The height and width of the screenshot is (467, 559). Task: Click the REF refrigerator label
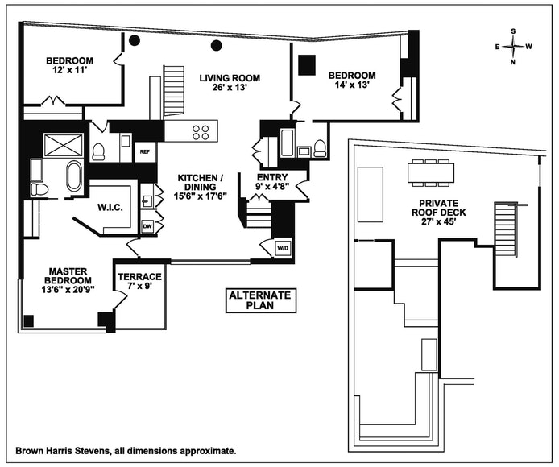point(146,151)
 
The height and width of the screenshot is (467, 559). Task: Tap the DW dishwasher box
point(147,226)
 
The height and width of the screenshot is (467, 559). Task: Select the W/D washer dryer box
point(283,248)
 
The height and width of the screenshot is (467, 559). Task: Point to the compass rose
point(512,47)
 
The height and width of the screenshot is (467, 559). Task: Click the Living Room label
point(230,82)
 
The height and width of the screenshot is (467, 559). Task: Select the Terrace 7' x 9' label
point(140,281)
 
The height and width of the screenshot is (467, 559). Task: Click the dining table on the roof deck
point(431,172)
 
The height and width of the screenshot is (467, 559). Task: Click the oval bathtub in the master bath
point(74,176)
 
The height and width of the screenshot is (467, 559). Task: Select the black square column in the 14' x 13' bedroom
point(307,65)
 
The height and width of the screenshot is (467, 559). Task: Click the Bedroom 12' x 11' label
point(69,65)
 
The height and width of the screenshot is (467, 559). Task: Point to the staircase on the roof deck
point(504,230)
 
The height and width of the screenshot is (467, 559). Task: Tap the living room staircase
point(175,91)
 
